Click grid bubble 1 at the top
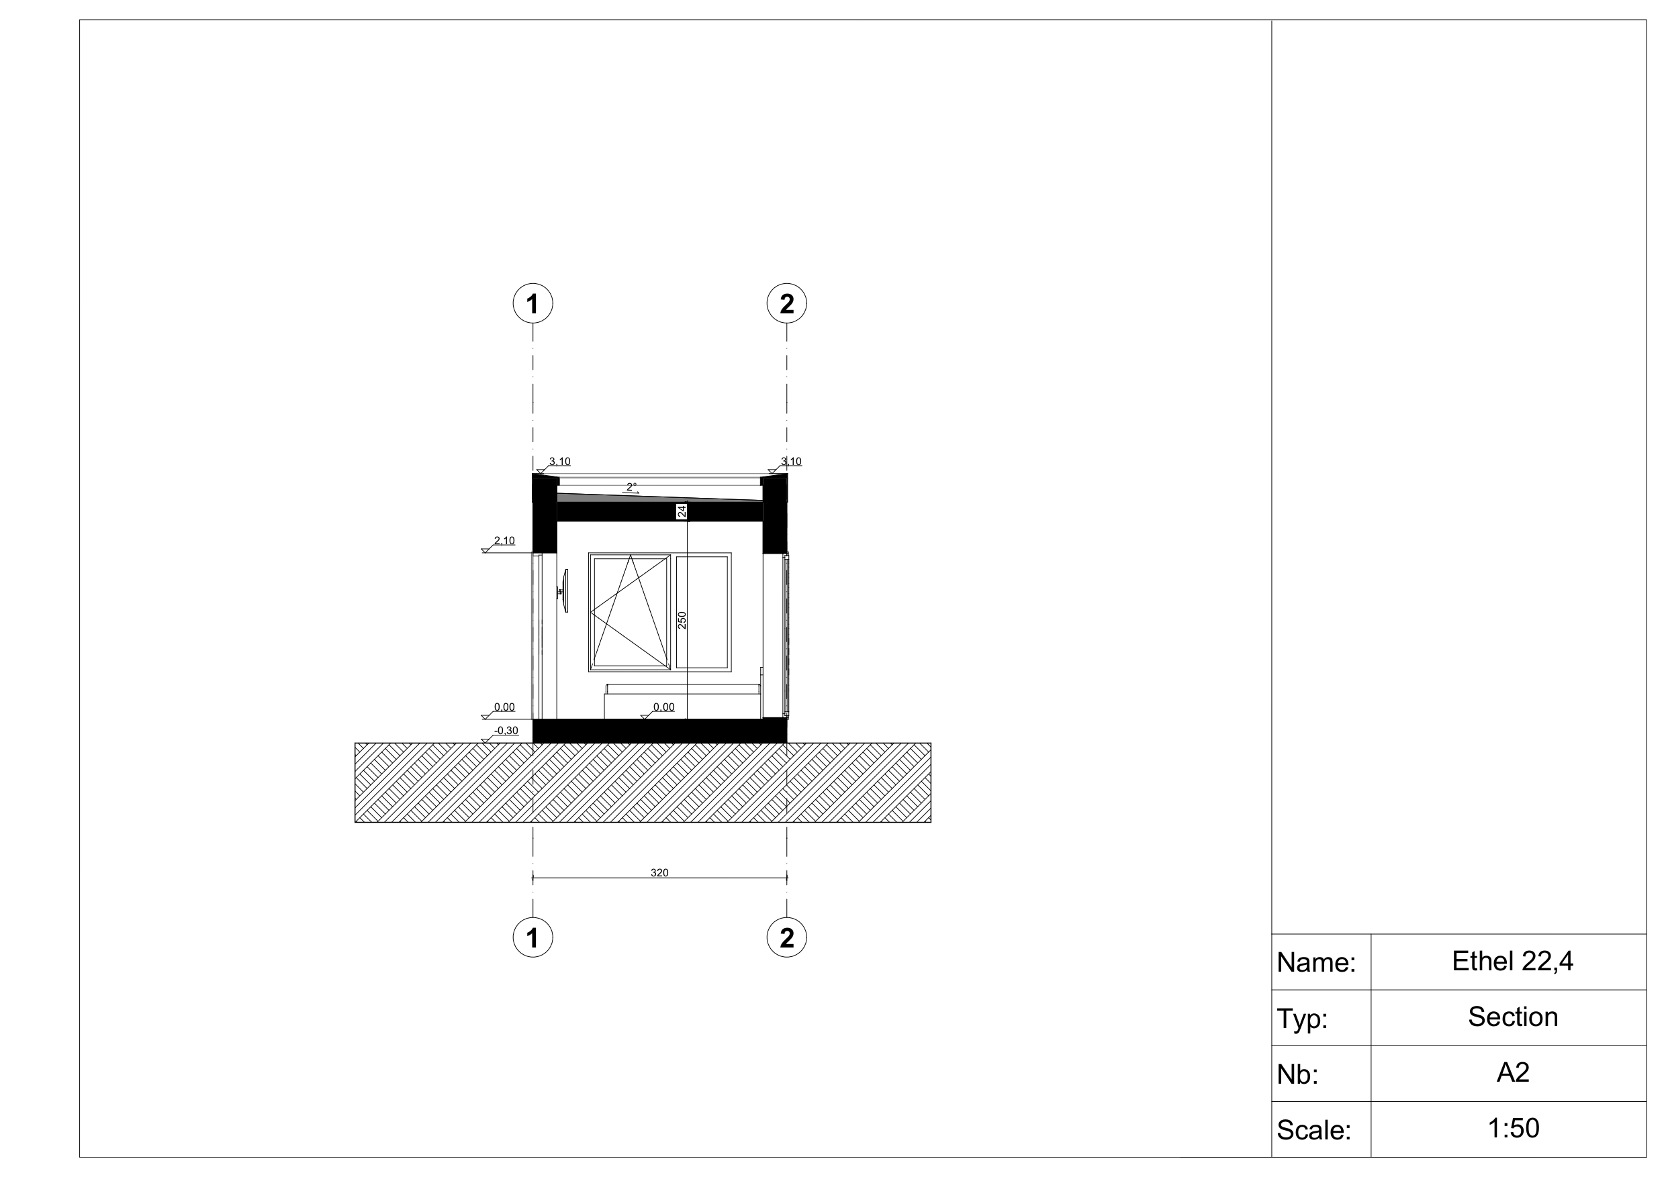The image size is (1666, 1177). pyautogui.click(x=533, y=303)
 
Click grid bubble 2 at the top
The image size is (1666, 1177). pyautogui.click(x=786, y=303)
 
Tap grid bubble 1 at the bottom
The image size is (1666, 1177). pyautogui.click(x=533, y=937)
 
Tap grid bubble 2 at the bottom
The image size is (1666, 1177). pyautogui.click(x=786, y=937)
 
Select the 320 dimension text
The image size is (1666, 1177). pyautogui.click(x=659, y=872)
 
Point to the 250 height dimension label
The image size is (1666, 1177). pyautogui.click(x=682, y=620)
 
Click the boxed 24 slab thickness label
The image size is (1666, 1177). pyautogui.click(x=682, y=511)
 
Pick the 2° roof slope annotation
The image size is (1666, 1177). pyautogui.click(x=631, y=487)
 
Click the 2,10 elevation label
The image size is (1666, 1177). pyautogui.click(x=504, y=540)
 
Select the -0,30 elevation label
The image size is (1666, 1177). pyautogui.click(x=506, y=730)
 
